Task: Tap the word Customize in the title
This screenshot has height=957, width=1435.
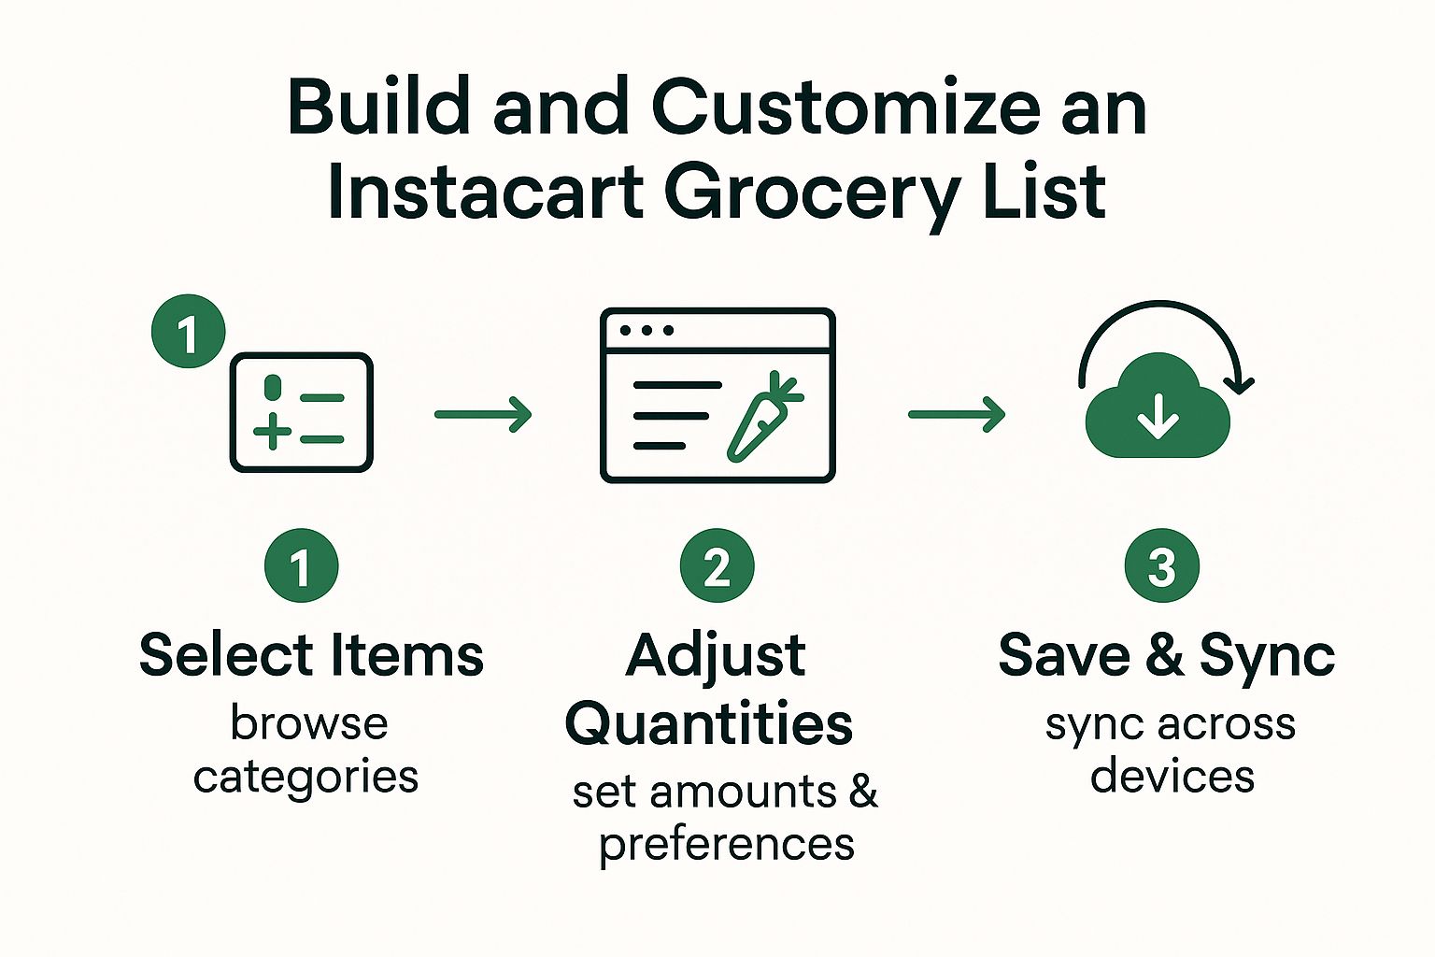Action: point(845,107)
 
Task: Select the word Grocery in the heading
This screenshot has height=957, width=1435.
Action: point(811,195)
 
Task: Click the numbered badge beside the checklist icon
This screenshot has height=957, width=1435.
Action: point(189,332)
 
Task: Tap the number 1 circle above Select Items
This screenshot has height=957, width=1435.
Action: point(301,565)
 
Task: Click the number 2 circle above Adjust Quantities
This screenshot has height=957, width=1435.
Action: point(717,565)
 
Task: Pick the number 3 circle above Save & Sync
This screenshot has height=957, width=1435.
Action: point(1161,565)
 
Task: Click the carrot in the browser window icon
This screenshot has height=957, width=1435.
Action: point(763,418)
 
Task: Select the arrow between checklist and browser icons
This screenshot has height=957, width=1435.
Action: point(483,415)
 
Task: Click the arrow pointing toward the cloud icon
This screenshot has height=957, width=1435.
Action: point(957,415)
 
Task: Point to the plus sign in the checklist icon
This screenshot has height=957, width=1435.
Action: point(272,432)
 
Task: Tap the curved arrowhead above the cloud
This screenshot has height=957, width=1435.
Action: point(1240,384)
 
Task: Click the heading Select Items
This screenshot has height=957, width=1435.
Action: point(311,655)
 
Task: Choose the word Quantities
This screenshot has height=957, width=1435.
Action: point(709,725)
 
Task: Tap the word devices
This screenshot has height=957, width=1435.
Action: point(1172,777)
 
